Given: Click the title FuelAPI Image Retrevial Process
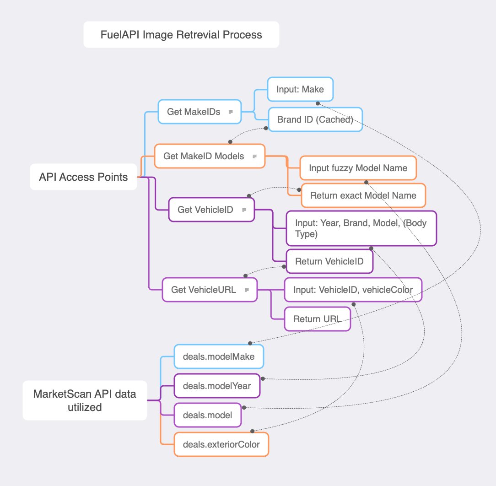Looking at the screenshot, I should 181,35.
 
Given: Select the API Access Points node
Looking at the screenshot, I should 83,177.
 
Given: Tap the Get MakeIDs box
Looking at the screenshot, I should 199,112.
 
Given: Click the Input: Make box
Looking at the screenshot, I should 300,89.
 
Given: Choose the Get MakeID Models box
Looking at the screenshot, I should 210,156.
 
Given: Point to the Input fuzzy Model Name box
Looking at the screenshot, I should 358,168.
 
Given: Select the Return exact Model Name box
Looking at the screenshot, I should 363,195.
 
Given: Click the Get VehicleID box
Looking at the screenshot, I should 211,210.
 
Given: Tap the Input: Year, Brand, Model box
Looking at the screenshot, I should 361,228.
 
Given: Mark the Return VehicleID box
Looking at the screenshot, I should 329,261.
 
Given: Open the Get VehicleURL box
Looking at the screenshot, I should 210,290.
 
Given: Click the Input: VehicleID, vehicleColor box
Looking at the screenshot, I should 353,290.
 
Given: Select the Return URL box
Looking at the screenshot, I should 317,319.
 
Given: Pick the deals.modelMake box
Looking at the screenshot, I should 219,356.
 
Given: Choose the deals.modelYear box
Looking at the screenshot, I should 217,386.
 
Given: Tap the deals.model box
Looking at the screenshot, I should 207,415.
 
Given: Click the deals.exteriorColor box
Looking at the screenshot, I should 221,444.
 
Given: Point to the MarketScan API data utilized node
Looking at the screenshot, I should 85,400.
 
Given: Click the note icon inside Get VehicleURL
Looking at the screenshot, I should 247,290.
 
